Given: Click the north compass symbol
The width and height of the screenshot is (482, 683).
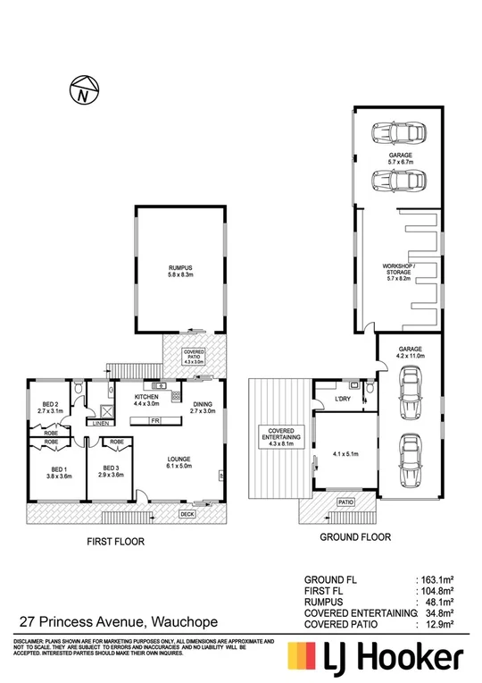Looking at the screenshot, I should pos(83,90).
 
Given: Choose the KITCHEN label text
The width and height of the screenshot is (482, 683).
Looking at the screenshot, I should pos(146,397).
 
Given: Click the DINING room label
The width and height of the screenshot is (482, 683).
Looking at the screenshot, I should pos(202,405).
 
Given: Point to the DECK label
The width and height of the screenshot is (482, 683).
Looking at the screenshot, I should pos(187,514).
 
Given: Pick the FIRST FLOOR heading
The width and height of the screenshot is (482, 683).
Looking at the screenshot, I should pos(115,542).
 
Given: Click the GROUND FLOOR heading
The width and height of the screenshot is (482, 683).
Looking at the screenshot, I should pos(356,537).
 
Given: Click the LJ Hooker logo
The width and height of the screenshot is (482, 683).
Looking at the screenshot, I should pos(374,659).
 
